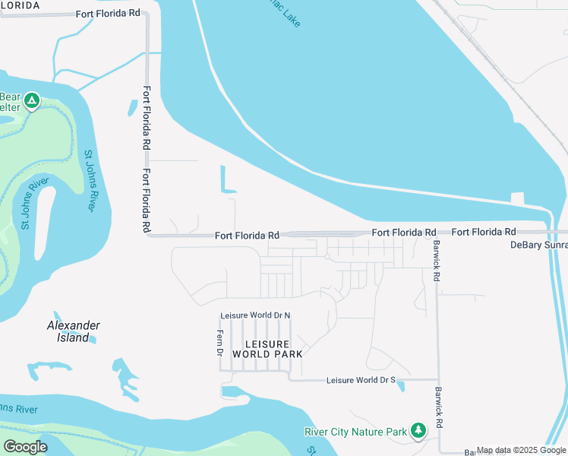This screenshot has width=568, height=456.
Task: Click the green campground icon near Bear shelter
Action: click(x=31, y=100)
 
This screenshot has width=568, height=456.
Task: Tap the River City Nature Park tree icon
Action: click(x=418, y=431)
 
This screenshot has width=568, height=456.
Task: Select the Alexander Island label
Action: click(x=73, y=331)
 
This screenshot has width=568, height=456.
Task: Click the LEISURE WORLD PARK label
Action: click(x=267, y=349)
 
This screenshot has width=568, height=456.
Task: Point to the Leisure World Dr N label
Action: click(x=255, y=315)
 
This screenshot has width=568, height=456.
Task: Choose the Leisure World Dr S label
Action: click(x=361, y=380)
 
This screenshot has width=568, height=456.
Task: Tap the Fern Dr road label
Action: click(x=219, y=340)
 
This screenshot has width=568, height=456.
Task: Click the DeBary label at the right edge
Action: click(x=538, y=245)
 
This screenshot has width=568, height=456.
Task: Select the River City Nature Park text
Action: click(x=356, y=432)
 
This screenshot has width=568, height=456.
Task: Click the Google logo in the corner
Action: click(x=25, y=447)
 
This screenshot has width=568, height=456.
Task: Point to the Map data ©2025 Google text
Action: click(x=521, y=451)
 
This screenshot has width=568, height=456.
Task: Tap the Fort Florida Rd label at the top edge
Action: click(x=108, y=14)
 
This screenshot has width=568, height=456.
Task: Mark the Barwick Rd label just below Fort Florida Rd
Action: click(x=437, y=261)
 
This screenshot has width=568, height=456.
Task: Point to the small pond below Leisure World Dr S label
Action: click(x=400, y=386)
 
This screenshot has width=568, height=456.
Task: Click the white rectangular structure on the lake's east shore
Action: click(x=518, y=198)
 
